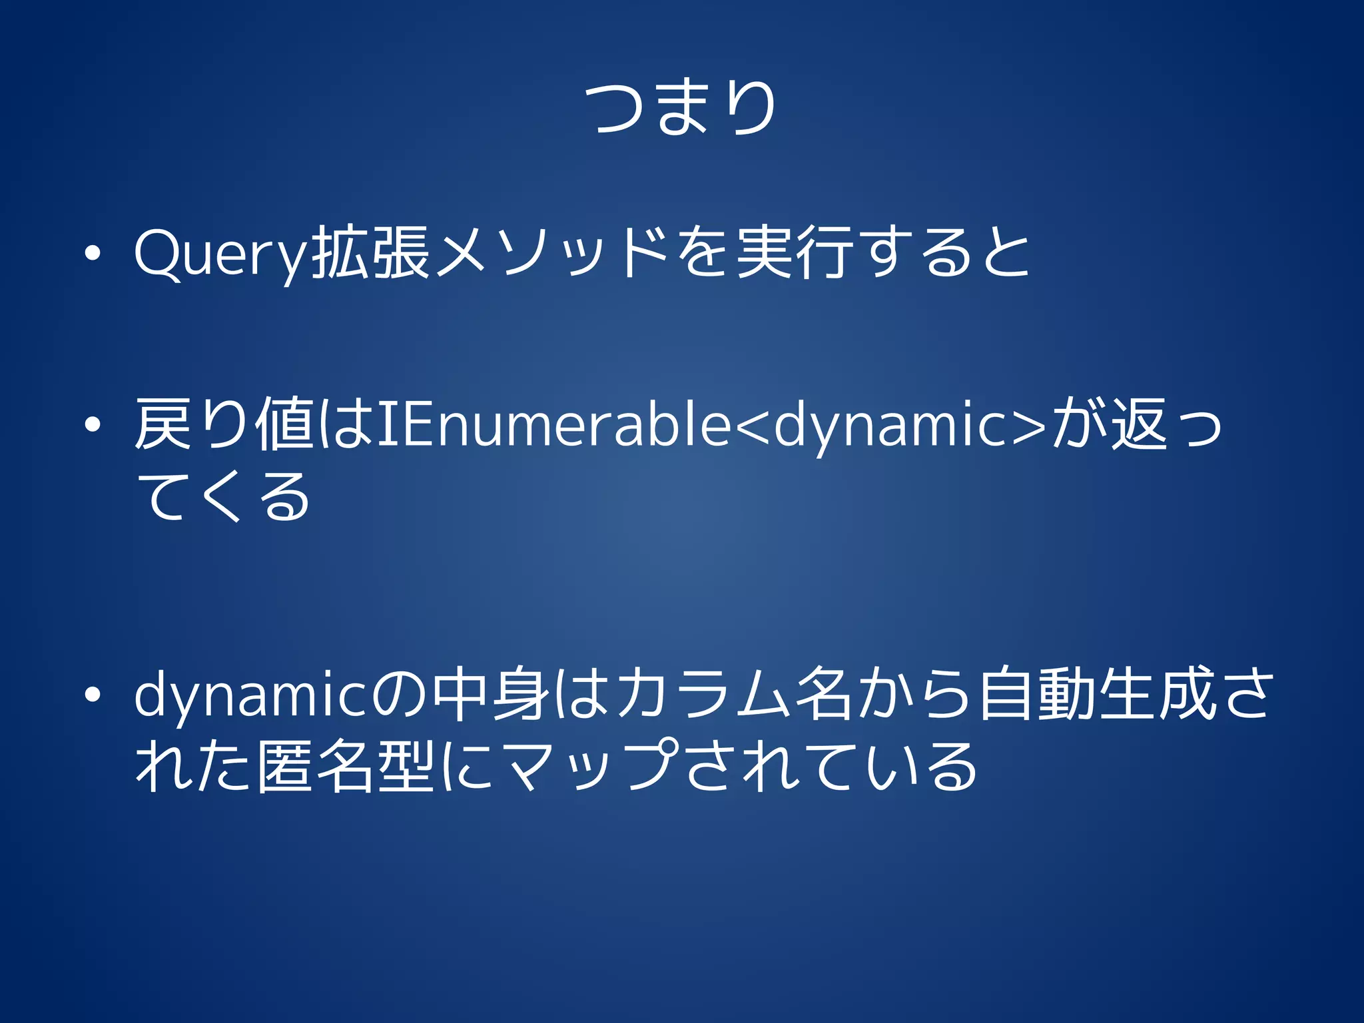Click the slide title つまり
click(681, 108)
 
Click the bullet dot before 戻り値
click(93, 424)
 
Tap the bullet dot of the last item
click(93, 695)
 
